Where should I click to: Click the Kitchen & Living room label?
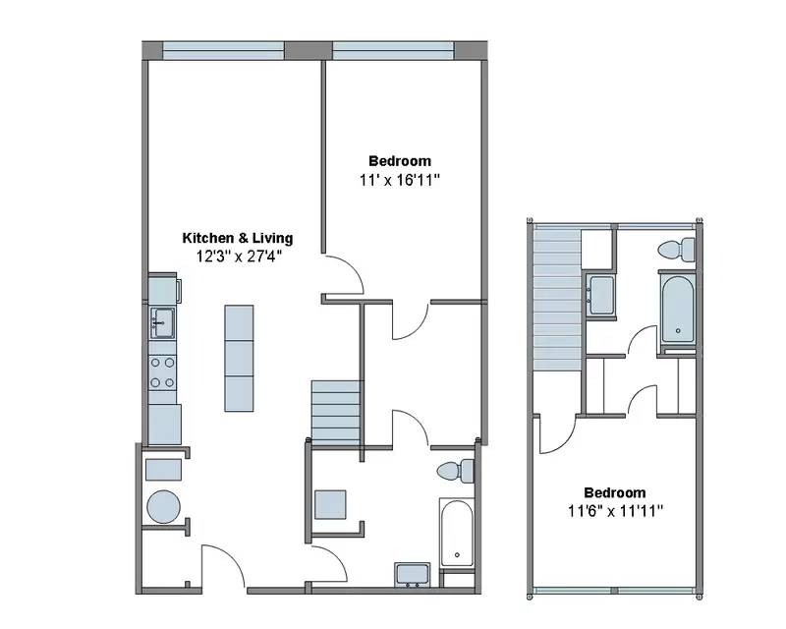[x=238, y=238]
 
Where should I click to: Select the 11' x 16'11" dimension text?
[x=399, y=180]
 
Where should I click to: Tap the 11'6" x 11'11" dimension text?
[x=615, y=510]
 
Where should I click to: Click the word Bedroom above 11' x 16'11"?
[x=399, y=161]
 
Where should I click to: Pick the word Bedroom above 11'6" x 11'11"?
[x=615, y=492]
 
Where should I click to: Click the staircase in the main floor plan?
[x=336, y=411]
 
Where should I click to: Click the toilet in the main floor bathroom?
[x=455, y=472]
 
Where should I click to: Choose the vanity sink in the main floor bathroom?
[x=412, y=573]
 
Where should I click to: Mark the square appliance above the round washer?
[x=162, y=469]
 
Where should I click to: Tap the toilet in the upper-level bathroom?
[x=676, y=250]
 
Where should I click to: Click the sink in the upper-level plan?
[x=600, y=294]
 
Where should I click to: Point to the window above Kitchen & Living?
[x=223, y=49]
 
